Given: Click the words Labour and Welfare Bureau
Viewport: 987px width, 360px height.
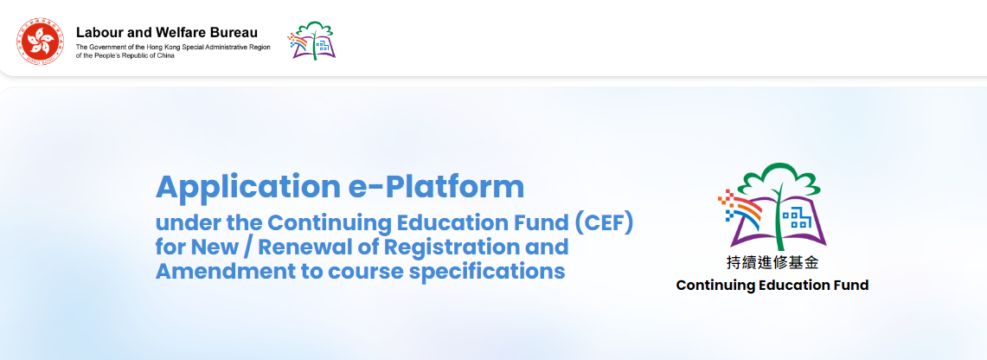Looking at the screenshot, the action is (x=167, y=33).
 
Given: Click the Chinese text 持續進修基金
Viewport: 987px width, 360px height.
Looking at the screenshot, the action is (x=772, y=263).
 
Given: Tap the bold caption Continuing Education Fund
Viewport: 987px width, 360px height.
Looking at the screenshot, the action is (x=772, y=286).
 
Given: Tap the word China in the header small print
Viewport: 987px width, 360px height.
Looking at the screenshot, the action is (x=166, y=56).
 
